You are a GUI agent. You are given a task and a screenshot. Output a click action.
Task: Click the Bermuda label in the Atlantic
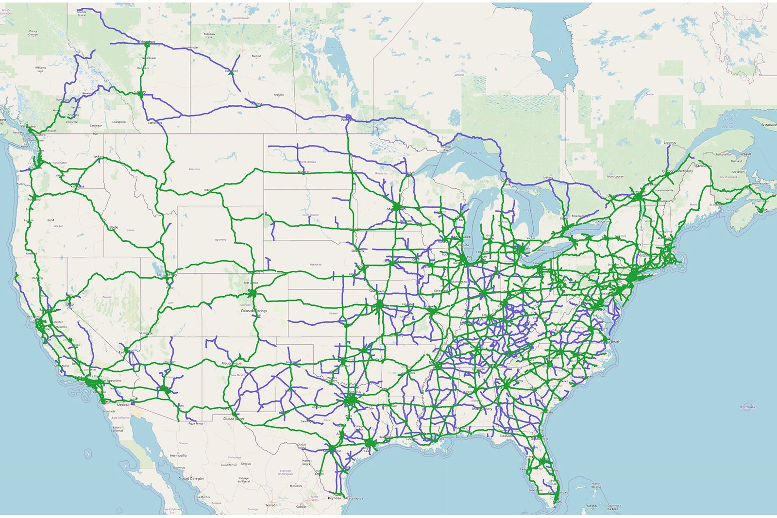pyautogui.click(x=747, y=407)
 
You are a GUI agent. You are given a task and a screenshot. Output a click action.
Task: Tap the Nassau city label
pyautogui.click(x=592, y=506)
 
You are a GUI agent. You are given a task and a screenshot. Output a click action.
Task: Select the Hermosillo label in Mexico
pyautogui.click(x=178, y=455)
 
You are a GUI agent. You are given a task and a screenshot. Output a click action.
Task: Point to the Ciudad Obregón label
pyautogui.click(x=191, y=478)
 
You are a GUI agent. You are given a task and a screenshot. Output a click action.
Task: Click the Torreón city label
pyautogui.click(x=271, y=505)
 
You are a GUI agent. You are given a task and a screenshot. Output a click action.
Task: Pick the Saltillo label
pyautogui.click(x=301, y=506)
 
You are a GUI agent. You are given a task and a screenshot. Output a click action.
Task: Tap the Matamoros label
pyautogui.click(x=354, y=498)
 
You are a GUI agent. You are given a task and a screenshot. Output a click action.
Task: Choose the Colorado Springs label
pyautogui.click(x=253, y=311)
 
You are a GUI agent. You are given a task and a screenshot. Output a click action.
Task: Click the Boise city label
pyautogui.click(x=114, y=227)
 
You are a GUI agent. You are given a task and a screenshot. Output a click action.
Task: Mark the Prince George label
pyautogui.click(x=33, y=33)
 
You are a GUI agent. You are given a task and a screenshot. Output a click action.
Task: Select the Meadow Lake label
pyautogui.click(x=209, y=35)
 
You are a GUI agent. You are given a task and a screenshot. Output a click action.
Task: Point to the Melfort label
pyautogui.click(x=256, y=56)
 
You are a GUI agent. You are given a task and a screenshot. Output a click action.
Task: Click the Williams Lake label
pyautogui.click(x=40, y=69)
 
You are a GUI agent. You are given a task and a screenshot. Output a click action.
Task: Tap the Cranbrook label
pyautogui.click(x=119, y=122)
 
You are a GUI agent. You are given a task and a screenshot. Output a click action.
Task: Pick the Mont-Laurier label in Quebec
pyautogui.click(x=615, y=176)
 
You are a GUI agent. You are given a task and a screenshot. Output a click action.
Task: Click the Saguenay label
pyautogui.click(x=670, y=143)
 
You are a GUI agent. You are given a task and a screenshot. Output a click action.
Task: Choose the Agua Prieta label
pyautogui.click(x=196, y=423)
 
